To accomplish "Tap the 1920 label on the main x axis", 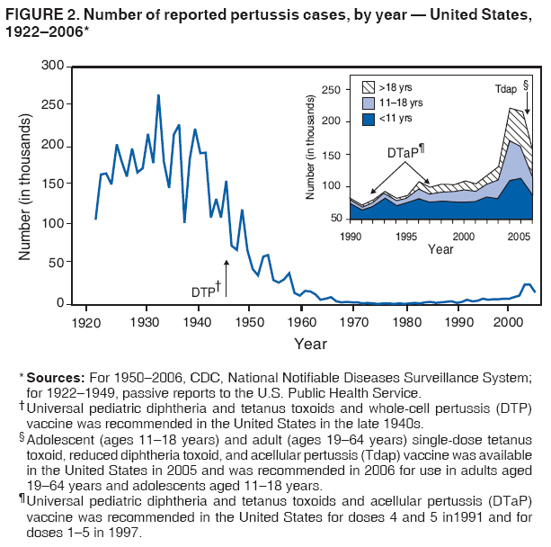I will tap(86, 322).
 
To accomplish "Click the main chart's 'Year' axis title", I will tap(310, 344).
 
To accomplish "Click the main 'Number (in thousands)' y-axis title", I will tap(26, 185).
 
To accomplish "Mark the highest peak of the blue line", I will tap(158, 95).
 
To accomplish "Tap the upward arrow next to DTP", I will tap(226, 277).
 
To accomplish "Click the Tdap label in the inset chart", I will tap(506, 89).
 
